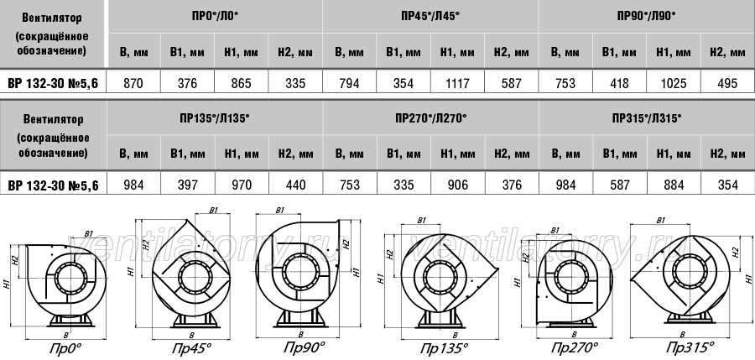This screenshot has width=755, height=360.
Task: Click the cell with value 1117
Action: click(x=457, y=83)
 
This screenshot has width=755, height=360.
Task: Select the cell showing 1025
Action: click(x=673, y=83)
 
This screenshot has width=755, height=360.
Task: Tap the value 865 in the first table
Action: click(x=242, y=83)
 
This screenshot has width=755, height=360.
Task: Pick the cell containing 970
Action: click(x=242, y=185)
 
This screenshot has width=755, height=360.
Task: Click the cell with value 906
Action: click(x=457, y=185)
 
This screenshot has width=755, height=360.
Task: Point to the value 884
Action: click(x=673, y=185)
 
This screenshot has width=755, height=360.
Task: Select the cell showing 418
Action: click(x=619, y=83)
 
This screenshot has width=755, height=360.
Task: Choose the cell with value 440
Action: click(x=295, y=185)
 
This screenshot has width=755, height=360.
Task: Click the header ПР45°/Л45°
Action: click(x=430, y=16)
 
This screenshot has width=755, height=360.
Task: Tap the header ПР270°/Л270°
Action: click(x=431, y=117)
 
